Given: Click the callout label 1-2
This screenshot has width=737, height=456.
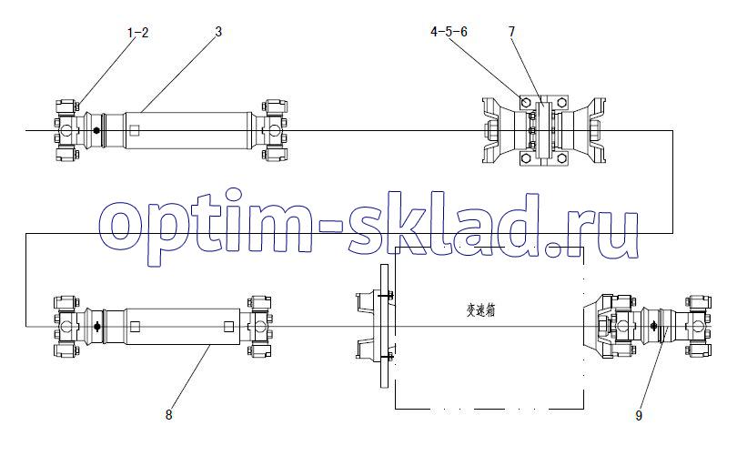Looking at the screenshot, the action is click(137, 33).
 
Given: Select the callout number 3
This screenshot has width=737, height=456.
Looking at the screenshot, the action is click(218, 32).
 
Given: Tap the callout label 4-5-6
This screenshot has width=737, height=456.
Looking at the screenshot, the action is click(449, 32).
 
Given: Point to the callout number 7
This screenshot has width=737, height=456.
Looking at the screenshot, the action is click(512, 32).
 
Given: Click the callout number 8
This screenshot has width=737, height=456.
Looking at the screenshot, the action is click(168, 415).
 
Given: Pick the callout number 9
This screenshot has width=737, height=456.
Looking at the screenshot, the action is click(639, 416).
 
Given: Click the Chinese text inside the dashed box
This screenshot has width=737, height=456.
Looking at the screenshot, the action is click(480, 310).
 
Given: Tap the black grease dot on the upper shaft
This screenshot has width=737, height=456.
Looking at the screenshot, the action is click(96, 130).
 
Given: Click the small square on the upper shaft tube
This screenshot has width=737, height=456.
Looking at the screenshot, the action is click(134, 130).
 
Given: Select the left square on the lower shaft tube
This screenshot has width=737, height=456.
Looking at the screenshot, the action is click(135, 326).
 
